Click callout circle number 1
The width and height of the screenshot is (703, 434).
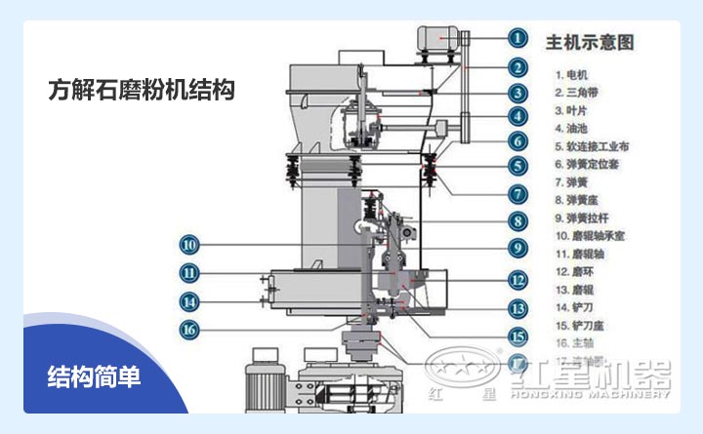(x=517, y=38)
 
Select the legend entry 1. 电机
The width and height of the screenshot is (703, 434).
(x=572, y=74)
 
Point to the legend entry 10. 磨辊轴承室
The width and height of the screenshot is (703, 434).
(x=590, y=235)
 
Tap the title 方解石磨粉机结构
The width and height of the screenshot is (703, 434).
(x=142, y=91)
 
